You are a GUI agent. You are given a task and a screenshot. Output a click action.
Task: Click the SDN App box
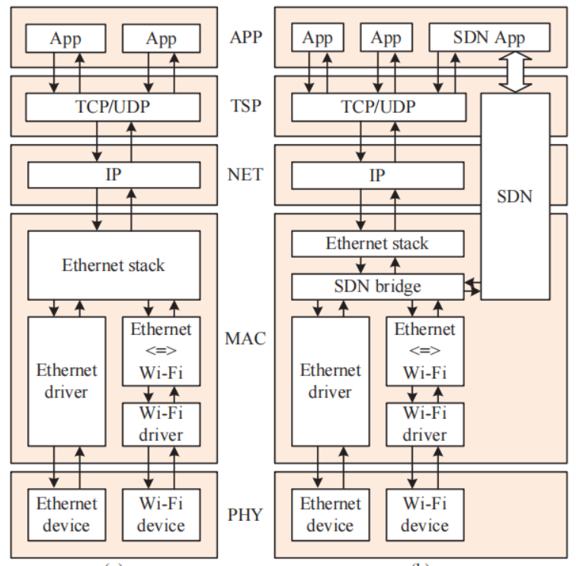click(x=488, y=37)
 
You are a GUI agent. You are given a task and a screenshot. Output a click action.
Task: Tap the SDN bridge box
click(x=378, y=286)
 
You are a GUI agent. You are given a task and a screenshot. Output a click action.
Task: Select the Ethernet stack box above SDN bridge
click(x=378, y=244)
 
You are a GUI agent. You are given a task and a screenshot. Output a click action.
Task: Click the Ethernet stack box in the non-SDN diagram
click(x=114, y=265)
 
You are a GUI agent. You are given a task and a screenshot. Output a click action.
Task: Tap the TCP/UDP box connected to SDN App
click(x=378, y=106)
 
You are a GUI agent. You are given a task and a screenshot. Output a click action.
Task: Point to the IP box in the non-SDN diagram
click(x=114, y=175)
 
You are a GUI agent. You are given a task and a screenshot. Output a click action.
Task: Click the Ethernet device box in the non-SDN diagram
click(x=66, y=514)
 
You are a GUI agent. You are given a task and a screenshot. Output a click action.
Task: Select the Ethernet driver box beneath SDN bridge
click(x=331, y=381)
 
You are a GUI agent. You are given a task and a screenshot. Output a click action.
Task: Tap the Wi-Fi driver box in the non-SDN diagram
click(x=162, y=423)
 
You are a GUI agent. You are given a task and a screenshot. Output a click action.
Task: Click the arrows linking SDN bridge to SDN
click(x=473, y=287)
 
